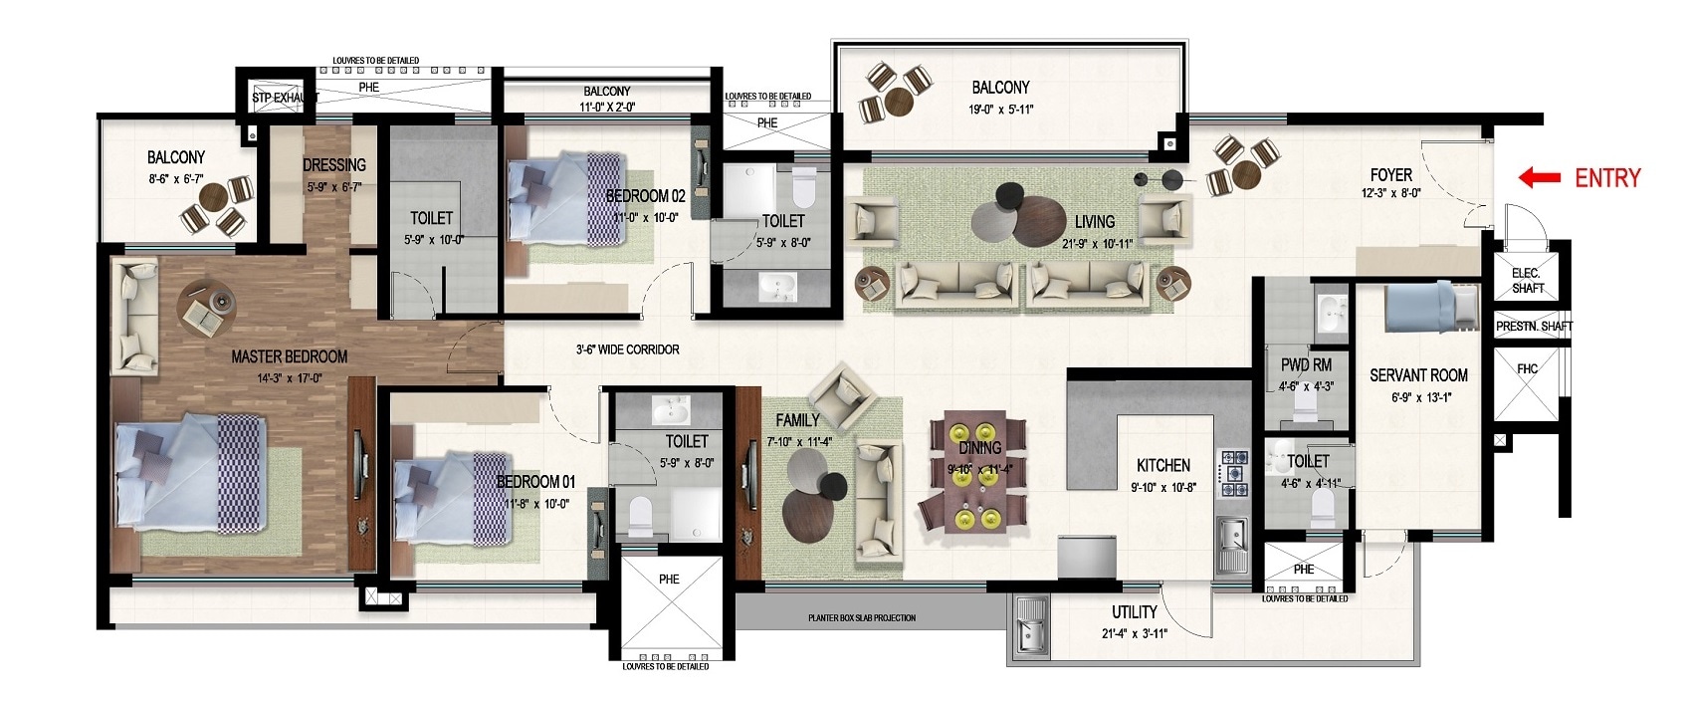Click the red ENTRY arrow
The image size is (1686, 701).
point(1538,178)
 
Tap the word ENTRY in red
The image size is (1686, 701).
point(1606,178)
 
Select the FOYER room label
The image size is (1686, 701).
point(1390,175)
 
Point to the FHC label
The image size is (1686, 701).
point(1527,369)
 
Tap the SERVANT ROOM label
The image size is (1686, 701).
point(1418,375)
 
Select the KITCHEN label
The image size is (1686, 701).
point(1162,465)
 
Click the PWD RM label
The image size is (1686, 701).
point(1306,365)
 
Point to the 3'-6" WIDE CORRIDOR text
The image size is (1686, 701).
point(627,350)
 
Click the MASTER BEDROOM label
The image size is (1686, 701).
point(289,356)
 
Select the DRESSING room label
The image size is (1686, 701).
point(334,165)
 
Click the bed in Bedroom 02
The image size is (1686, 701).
point(562,198)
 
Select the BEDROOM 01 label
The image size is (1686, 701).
point(535,482)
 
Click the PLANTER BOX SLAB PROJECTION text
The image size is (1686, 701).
point(861,618)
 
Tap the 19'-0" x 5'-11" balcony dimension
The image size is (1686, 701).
point(999,111)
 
